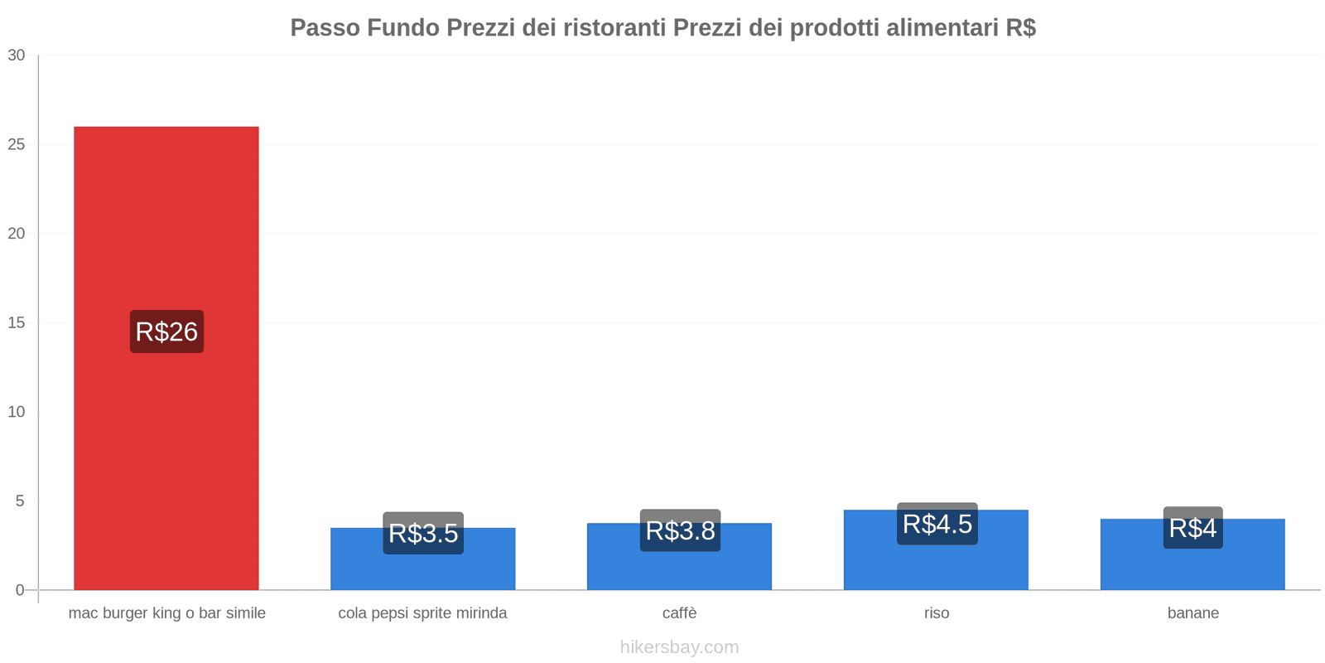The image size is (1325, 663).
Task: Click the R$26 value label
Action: click(166, 331)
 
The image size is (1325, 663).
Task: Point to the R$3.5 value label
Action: click(423, 533)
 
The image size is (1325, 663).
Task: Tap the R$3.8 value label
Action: click(680, 530)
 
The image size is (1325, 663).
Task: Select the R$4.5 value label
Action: click(937, 524)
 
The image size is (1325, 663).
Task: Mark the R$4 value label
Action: click(1192, 528)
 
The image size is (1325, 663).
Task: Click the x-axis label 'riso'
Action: click(937, 613)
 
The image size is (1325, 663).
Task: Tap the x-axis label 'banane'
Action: click(1192, 613)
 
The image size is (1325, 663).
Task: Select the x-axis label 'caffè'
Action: click(679, 613)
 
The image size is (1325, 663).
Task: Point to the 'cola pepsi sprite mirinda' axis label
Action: click(422, 613)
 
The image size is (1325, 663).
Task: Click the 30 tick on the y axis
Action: click(17, 56)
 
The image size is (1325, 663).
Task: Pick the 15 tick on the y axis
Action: click(17, 323)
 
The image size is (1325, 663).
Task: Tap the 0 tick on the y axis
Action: click(20, 590)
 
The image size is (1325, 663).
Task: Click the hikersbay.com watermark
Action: click(679, 647)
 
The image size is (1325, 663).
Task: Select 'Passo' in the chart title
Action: click(325, 28)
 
